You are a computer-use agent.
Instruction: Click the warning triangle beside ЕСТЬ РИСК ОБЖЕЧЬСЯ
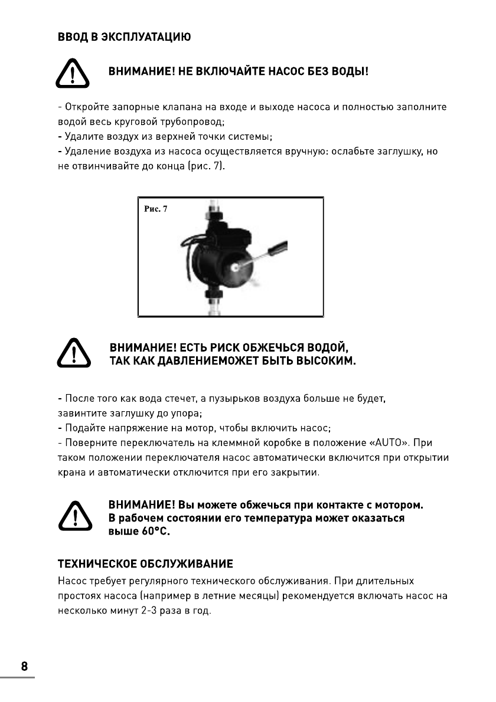point(73,353)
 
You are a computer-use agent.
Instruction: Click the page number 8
point(24,667)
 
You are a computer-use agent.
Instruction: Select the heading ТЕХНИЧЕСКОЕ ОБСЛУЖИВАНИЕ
point(145,563)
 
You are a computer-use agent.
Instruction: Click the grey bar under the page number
point(17,677)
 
